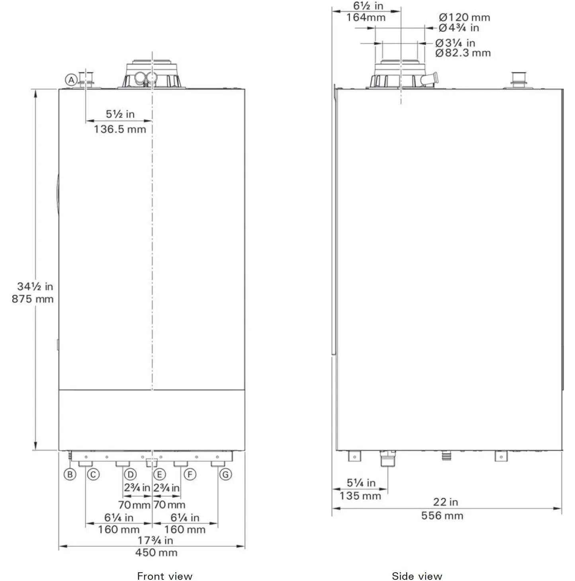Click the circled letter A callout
click(x=71, y=80)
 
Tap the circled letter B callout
click(x=70, y=475)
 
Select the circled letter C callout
click(x=93, y=475)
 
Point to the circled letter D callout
click(x=130, y=475)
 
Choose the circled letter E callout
click(x=159, y=475)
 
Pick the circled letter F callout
click(x=190, y=475)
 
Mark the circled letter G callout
click(x=225, y=475)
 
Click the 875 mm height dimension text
click(x=33, y=299)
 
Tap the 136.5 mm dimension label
click(x=120, y=129)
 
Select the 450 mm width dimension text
click(x=156, y=553)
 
